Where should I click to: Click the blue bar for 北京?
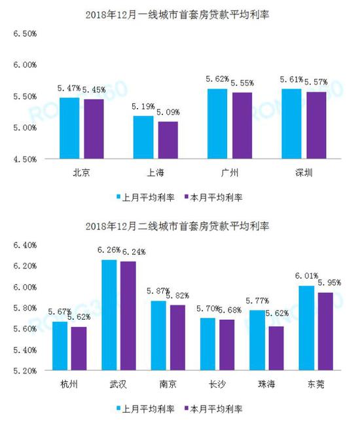pyautogui.click(x=69, y=128)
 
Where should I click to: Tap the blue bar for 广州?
pyautogui.click(x=217, y=124)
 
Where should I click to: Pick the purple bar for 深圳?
pyautogui.click(x=317, y=125)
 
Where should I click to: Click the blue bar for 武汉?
pyautogui.click(x=110, y=315)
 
